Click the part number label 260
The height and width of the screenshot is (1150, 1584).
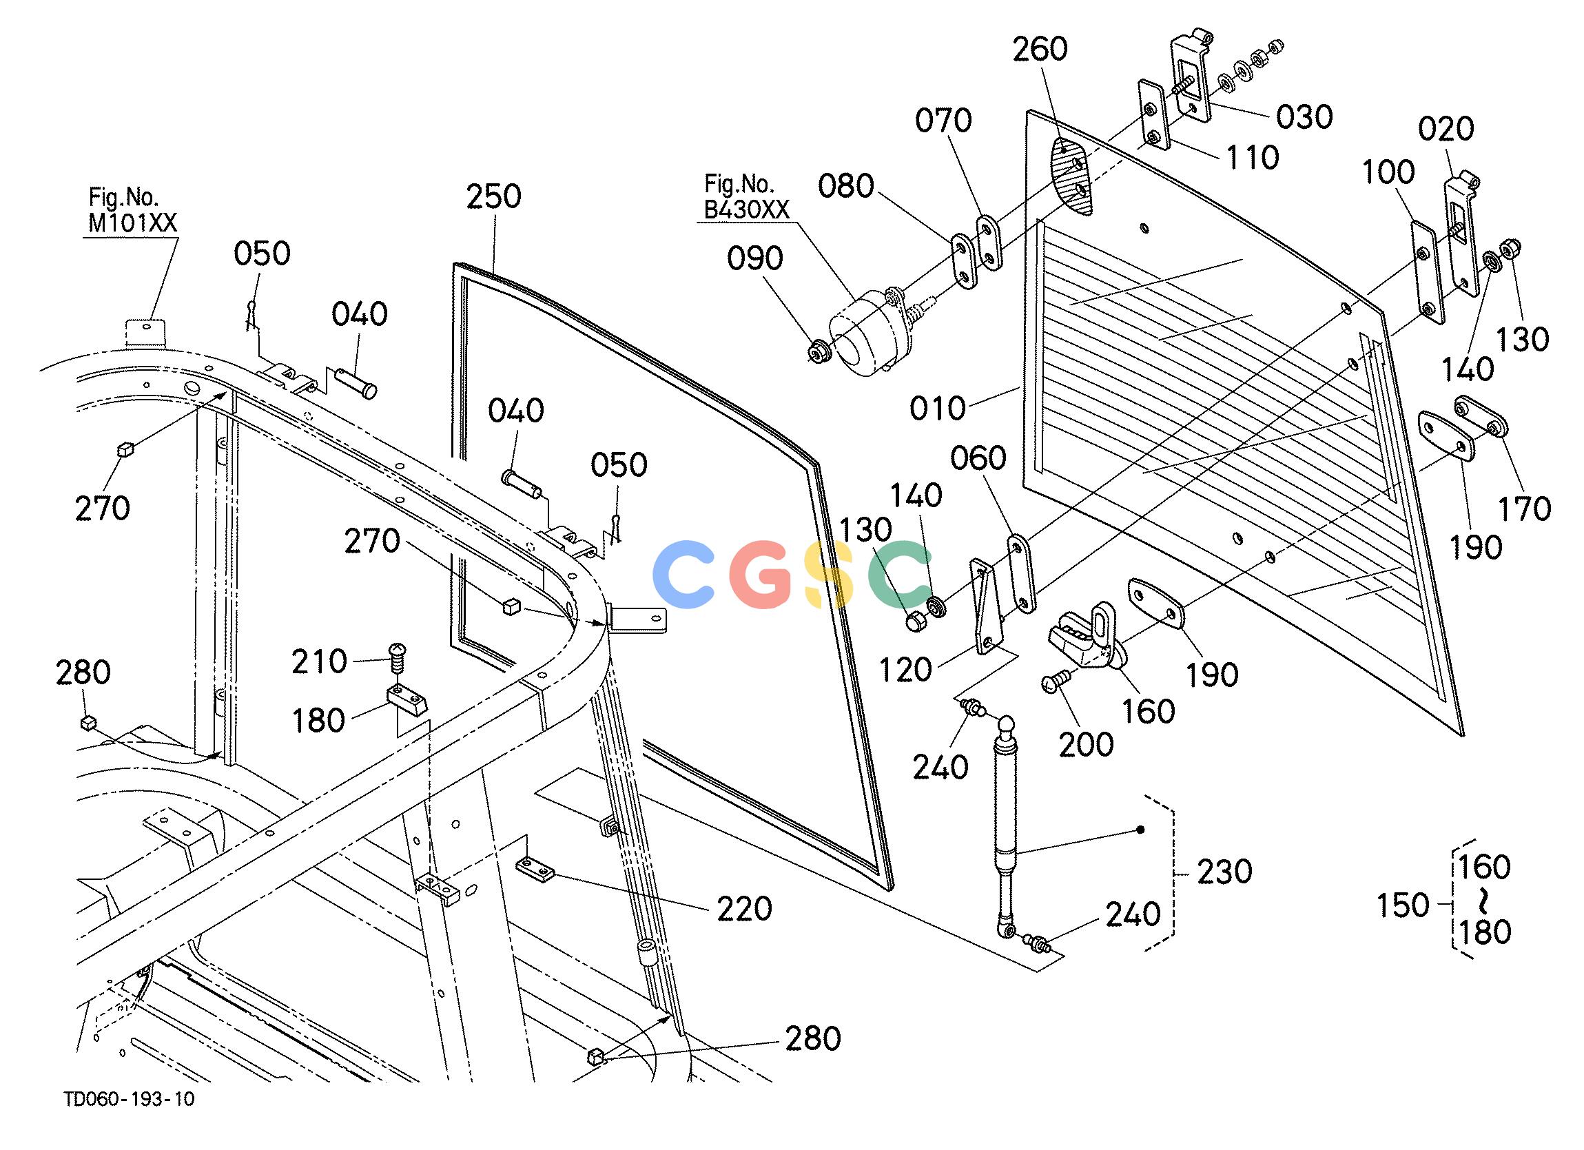(1040, 50)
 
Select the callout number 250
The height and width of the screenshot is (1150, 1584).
(494, 196)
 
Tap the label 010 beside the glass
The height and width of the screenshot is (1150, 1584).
(937, 408)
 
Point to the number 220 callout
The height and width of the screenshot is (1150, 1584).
(745, 909)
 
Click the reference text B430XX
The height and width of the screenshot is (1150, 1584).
(746, 209)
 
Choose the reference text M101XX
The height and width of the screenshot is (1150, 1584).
(133, 223)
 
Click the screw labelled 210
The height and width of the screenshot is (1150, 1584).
(398, 656)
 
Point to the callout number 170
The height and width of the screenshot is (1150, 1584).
(1525, 509)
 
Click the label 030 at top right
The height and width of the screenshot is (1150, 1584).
(1305, 116)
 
